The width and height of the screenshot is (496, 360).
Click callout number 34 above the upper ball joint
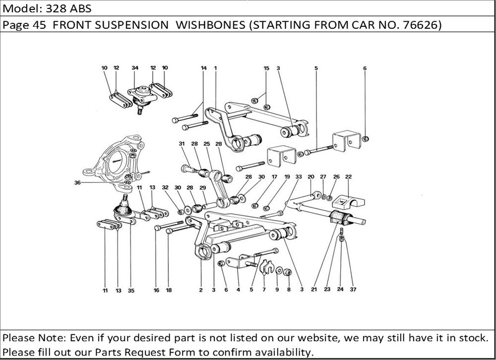pyautogui.click(x=135, y=67)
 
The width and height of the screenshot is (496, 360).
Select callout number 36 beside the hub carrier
pyautogui.click(x=77, y=182)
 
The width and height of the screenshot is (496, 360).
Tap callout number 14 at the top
pyautogui.click(x=203, y=67)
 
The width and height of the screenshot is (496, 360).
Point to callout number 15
pyautogui.click(x=266, y=67)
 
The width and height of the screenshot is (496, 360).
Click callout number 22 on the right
pyautogui.click(x=348, y=177)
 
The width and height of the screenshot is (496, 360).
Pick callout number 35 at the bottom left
pyautogui.click(x=131, y=291)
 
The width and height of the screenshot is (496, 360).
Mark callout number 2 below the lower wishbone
pyautogui.click(x=201, y=291)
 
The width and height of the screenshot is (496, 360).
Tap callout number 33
pyautogui.click(x=298, y=177)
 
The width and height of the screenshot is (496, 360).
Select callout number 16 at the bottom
pyautogui.click(x=156, y=291)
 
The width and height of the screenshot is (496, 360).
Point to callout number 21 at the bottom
pyautogui.click(x=314, y=290)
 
